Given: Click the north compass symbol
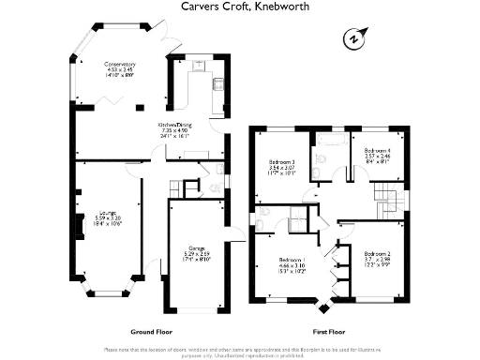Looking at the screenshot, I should pyautogui.click(x=352, y=39).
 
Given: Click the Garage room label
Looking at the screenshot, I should pyautogui.click(x=195, y=253).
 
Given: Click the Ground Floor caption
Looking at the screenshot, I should pyautogui.click(x=149, y=332).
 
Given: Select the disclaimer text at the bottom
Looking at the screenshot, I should pyautogui.click(x=240, y=351).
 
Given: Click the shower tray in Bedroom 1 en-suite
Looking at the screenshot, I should pyautogui.click(x=298, y=223).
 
